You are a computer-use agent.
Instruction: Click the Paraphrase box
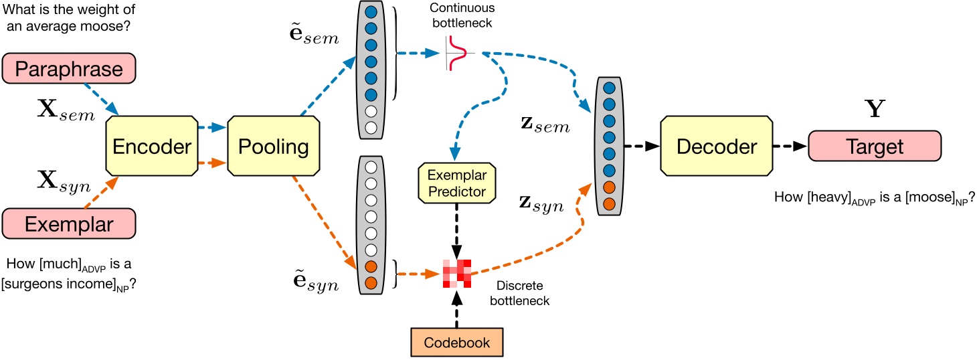point(69,70)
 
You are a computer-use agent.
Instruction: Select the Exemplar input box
point(69,224)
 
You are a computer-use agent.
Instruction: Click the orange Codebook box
point(456,342)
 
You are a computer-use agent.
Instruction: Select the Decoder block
point(716,147)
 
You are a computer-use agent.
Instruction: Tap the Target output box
point(875,147)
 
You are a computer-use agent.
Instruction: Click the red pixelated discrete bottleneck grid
point(456,272)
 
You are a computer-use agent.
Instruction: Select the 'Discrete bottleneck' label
point(519,294)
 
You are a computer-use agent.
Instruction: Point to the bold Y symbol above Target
point(874,108)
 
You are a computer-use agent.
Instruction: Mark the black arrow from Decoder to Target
point(788,147)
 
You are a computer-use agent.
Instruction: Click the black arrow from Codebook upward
point(456,310)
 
